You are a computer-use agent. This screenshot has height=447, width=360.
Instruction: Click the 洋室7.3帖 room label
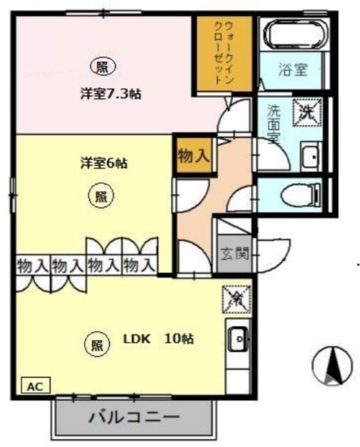tap(110, 94)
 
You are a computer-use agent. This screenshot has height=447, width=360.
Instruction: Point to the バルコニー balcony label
tap(134, 417)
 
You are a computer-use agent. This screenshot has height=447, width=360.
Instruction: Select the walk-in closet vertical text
tap(224, 53)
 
